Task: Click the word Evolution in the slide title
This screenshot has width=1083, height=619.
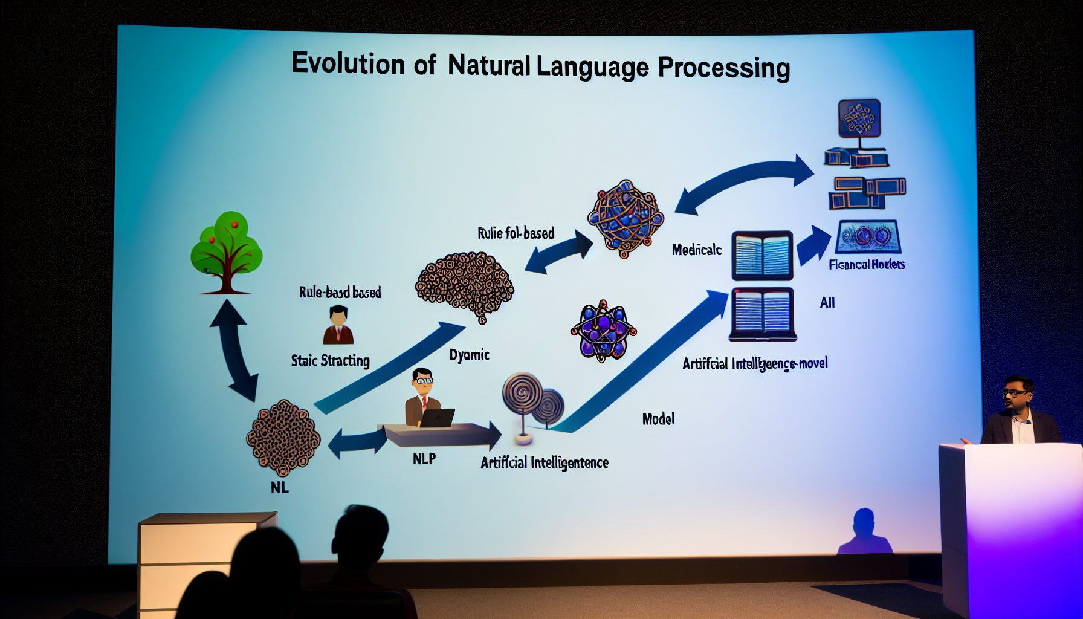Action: (x=348, y=63)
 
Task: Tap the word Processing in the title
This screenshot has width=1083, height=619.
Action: (x=723, y=68)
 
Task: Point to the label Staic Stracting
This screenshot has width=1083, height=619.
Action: (x=330, y=361)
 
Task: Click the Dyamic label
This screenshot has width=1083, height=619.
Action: (x=469, y=355)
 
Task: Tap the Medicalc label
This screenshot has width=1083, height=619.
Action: (x=696, y=250)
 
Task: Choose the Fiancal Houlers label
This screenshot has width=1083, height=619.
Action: (x=867, y=264)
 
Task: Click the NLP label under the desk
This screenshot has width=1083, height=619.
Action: (x=424, y=459)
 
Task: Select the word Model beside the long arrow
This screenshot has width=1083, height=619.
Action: (x=658, y=419)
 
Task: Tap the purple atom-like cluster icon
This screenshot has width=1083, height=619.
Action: (x=603, y=331)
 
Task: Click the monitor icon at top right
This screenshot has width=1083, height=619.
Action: (x=859, y=118)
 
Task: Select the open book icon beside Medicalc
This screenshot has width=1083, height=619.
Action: (x=762, y=255)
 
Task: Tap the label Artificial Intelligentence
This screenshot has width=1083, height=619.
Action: (x=544, y=463)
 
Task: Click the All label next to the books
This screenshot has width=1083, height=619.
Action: (x=827, y=303)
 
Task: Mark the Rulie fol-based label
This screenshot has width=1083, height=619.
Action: (x=516, y=233)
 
